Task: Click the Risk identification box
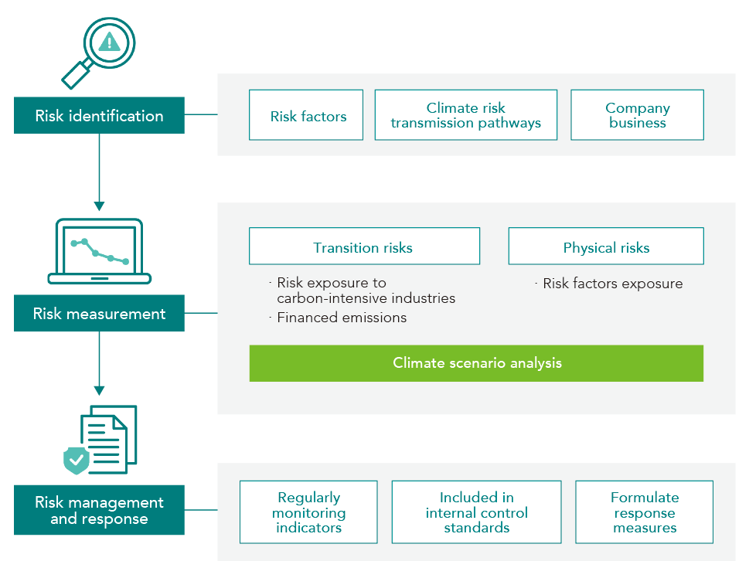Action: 99,116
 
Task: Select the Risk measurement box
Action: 99,314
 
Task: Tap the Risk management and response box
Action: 99,510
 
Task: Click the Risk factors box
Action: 306,116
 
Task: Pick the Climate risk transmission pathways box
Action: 465,115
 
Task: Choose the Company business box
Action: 637,115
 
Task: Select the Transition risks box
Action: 363,247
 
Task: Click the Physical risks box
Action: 606,247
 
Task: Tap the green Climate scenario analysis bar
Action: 476,363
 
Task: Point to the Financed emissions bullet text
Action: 342,318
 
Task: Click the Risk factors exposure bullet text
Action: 612,284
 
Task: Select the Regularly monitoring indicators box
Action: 308,512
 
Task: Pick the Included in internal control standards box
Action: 476,512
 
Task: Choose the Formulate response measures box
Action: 644,512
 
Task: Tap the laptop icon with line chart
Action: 100,251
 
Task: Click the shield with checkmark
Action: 77,460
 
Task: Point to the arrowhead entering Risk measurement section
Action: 99,206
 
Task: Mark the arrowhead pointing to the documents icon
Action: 99,389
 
